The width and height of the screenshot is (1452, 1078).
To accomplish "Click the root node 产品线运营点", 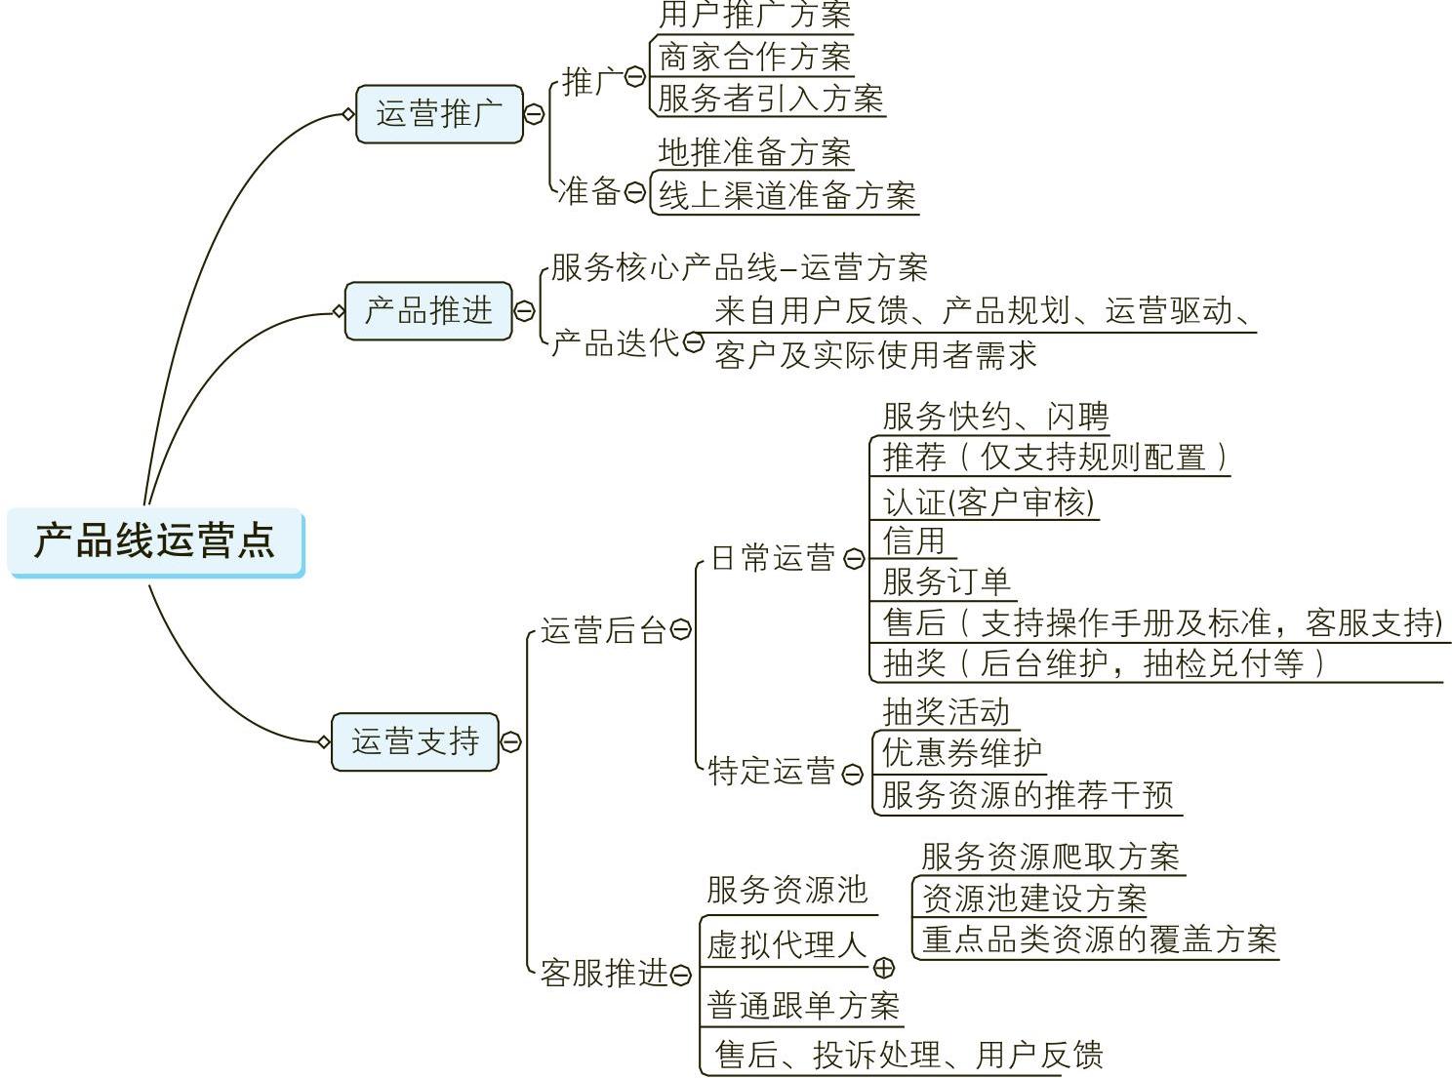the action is pos(156,540).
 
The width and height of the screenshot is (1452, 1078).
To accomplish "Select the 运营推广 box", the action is pos(439,114).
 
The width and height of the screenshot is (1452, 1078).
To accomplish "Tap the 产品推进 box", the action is pos(428,311).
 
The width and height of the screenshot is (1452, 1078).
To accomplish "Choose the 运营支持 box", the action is pos(415,741).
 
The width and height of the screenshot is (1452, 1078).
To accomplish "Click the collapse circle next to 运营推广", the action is pos(534,114).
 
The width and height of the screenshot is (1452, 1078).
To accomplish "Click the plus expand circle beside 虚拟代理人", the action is pos(883,968).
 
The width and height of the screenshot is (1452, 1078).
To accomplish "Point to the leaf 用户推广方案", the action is pos(754,16).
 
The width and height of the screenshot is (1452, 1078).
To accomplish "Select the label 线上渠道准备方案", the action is pos(786,195).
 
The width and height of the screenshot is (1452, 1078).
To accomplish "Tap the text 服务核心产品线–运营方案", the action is pos(739,267).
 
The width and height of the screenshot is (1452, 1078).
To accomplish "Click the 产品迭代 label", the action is pos(614,342).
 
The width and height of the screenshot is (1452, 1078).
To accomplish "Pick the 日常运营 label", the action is pos(773,558).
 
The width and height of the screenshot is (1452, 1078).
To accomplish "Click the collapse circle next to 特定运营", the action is pos(852,775).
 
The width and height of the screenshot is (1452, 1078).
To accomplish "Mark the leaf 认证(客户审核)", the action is pos(988,502).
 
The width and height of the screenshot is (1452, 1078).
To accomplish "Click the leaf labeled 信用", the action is pos(914,539).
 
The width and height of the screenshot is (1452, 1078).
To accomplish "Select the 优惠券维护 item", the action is pos(961,752).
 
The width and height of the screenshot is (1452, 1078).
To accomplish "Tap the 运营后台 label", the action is pos(603,630).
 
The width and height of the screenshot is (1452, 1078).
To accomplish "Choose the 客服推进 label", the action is pos(603,973).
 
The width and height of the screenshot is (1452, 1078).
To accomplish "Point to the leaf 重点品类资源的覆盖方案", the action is pos(1099,939).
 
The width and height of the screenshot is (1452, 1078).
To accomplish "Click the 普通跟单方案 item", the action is pos(802,1006).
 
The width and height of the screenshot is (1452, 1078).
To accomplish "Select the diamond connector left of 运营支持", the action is pos(324,741).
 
